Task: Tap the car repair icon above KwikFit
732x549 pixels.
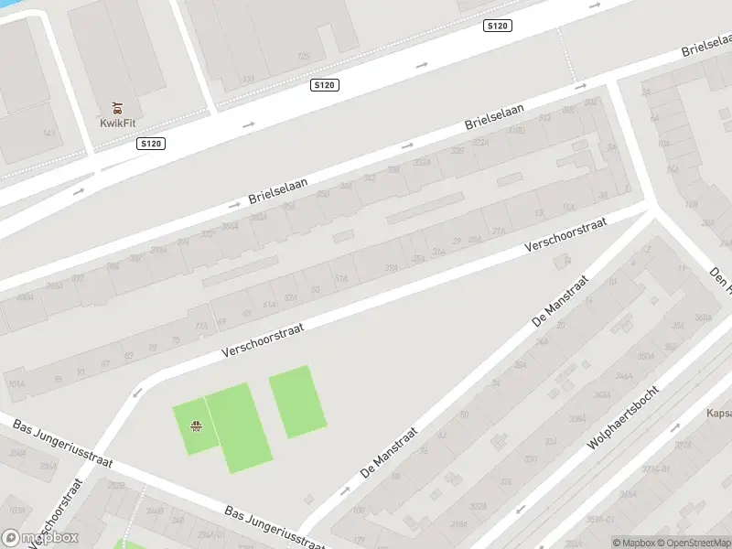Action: click(x=116, y=108)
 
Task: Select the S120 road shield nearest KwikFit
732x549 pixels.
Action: click(x=151, y=144)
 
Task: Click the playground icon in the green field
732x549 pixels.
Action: click(x=195, y=425)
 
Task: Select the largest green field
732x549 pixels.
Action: click(x=238, y=427)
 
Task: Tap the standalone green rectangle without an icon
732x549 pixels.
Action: click(x=297, y=402)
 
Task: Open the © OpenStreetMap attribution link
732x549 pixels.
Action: click(x=693, y=543)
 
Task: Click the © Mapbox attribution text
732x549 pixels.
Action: click(x=633, y=543)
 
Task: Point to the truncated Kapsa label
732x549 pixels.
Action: click(x=717, y=413)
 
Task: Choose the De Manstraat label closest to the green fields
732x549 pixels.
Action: click(x=390, y=451)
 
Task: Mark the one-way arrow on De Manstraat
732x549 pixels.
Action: click(x=345, y=490)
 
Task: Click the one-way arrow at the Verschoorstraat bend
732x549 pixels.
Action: click(x=137, y=393)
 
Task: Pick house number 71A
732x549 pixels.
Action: click(x=202, y=324)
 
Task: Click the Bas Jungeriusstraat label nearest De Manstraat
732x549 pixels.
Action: click(x=274, y=526)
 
